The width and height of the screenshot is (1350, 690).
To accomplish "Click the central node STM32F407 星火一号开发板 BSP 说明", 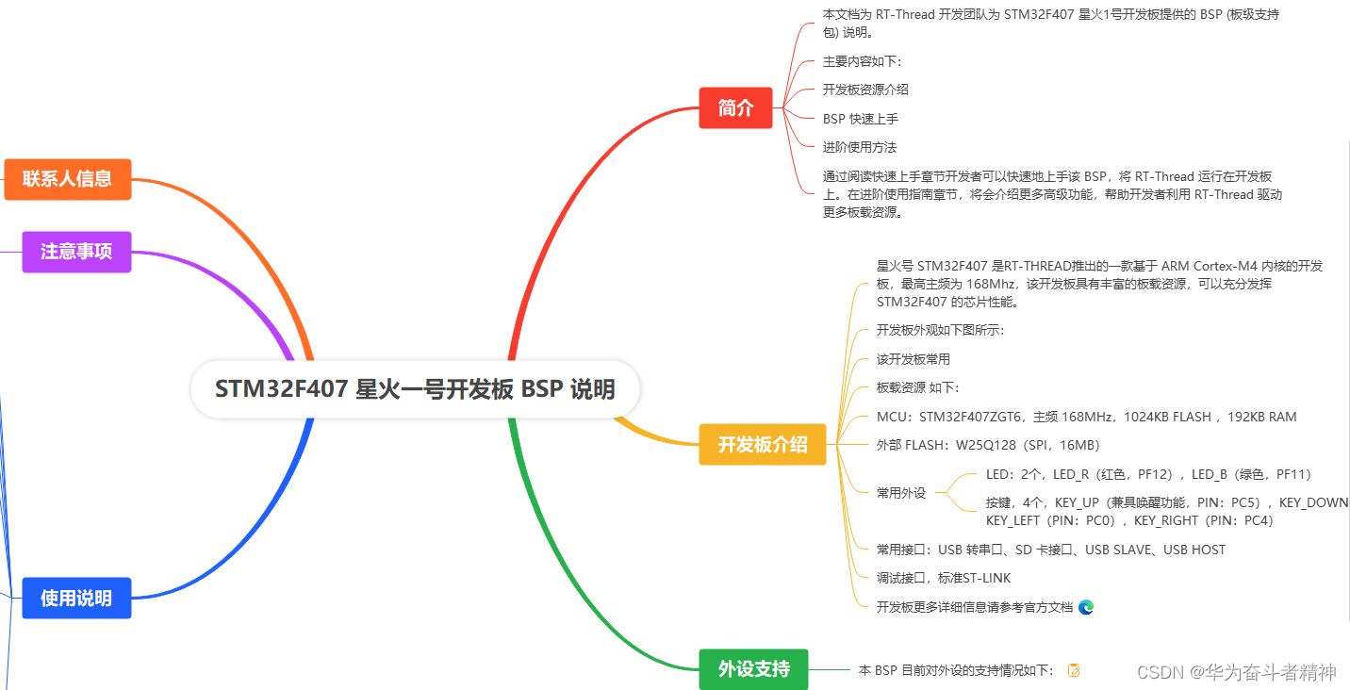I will (415, 389).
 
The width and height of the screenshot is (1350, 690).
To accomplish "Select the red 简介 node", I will (735, 108).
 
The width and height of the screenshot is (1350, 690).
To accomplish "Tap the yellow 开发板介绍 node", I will (762, 445).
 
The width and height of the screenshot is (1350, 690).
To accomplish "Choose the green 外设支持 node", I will (753, 669).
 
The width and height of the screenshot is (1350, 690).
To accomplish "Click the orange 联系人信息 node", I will (67, 179).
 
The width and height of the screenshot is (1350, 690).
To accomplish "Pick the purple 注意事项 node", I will (76, 252).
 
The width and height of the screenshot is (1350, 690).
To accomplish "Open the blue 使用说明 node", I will (76, 598).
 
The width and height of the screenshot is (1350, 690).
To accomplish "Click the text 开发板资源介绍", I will (865, 90).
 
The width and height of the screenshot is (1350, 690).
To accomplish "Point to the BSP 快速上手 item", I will (860, 119).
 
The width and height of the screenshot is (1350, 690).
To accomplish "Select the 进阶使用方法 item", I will (859, 147).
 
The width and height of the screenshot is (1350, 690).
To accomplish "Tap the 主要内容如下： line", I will (862, 61).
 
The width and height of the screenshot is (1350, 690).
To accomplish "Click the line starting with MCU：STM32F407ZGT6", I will (1086, 417).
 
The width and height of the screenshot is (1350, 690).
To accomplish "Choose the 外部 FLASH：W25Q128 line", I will (988, 445).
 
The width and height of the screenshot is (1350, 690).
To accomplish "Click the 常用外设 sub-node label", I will (901, 493).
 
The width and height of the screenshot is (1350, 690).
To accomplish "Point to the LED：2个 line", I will (1148, 474).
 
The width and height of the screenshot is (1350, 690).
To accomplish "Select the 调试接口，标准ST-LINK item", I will (943, 578).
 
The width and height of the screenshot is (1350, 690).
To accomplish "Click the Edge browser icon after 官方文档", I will (1086, 607).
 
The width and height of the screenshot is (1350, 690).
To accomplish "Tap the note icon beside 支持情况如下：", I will (1073, 670).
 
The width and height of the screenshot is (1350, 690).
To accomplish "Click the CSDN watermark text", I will (1236, 672).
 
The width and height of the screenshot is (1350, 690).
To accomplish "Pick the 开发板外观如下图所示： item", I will (940, 331).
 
